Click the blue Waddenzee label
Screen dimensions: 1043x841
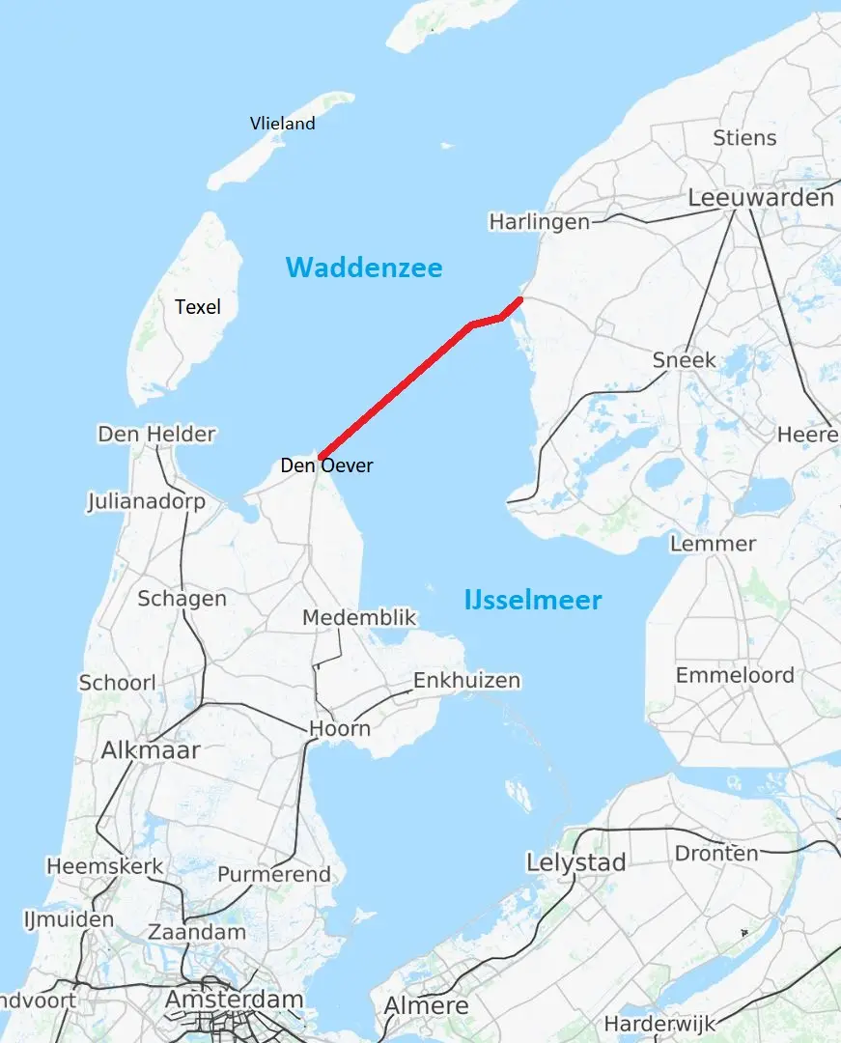[364, 268]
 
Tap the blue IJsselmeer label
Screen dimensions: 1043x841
[532, 600]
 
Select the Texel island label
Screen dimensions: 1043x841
[198, 307]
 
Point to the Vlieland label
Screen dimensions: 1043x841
[282, 124]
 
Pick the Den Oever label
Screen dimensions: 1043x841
[326, 465]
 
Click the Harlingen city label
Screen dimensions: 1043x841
[539, 222]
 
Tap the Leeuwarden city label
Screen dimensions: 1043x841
[760, 198]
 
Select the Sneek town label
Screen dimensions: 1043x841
[684, 360]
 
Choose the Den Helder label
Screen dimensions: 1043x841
[156, 435]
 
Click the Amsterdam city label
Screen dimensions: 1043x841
[234, 1000]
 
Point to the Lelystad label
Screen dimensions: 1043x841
[575, 862]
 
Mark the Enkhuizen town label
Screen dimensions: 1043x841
[466, 681]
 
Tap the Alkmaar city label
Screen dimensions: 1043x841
[151, 750]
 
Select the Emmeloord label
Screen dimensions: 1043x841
[735, 675]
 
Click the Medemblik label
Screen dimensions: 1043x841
[358, 618]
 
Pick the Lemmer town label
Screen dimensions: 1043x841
[713, 544]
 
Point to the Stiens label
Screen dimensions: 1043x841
[744, 138]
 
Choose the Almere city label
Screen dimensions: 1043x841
[426, 1005]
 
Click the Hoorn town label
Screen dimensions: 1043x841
[340, 728]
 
